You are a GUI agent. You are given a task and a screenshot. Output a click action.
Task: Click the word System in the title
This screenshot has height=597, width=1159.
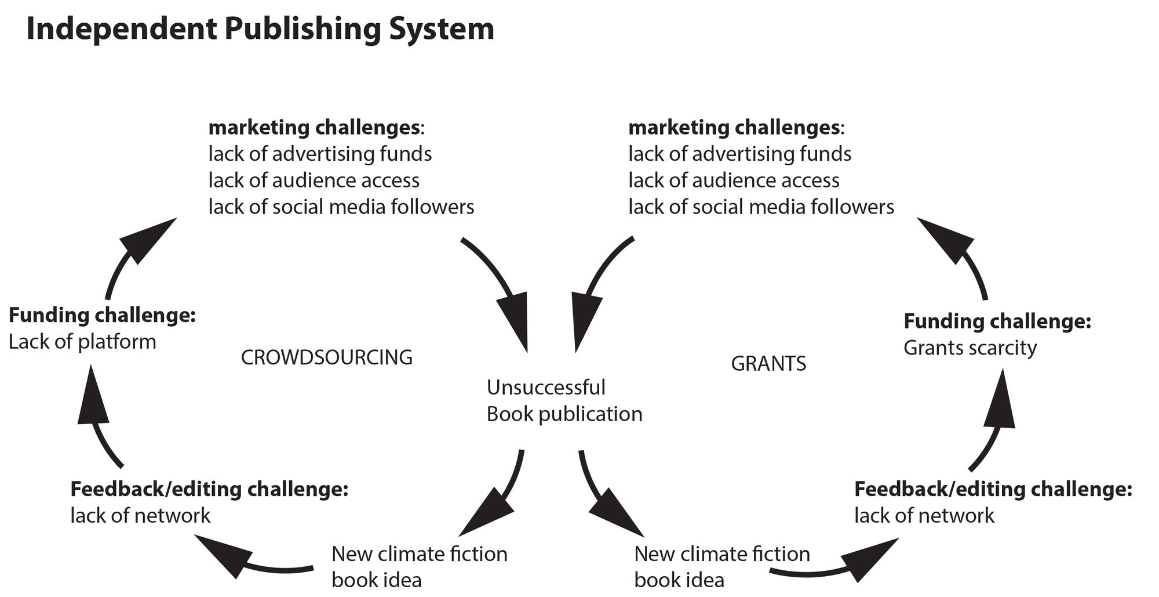pyautogui.click(x=441, y=29)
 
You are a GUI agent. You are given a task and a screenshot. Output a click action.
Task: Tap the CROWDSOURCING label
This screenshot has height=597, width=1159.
pyautogui.click(x=326, y=357)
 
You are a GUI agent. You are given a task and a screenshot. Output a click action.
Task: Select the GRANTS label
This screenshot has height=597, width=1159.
pyautogui.click(x=768, y=364)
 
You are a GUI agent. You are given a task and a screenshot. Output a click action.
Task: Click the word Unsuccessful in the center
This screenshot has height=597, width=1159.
pyautogui.click(x=546, y=388)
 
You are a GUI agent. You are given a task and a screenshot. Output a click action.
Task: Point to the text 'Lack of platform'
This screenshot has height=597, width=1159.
pyautogui.click(x=82, y=342)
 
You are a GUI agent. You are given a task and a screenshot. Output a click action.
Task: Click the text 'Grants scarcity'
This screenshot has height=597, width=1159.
pyautogui.click(x=970, y=348)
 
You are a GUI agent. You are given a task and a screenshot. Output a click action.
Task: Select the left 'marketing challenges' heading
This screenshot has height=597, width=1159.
pyautogui.click(x=315, y=127)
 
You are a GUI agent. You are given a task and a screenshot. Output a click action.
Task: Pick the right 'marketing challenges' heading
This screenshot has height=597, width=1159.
pyautogui.click(x=734, y=127)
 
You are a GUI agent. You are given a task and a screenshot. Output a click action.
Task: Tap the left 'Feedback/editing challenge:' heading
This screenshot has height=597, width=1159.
pyautogui.click(x=209, y=489)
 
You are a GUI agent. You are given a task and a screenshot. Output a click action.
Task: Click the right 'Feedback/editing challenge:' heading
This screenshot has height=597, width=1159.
pyautogui.click(x=993, y=489)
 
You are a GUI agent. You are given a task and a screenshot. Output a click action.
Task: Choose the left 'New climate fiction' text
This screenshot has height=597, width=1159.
pyautogui.click(x=419, y=554)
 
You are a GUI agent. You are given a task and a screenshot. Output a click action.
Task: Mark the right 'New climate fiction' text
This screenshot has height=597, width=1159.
pyautogui.click(x=722, y=554)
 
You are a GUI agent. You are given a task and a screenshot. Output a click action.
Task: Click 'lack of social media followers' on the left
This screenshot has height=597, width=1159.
pyautogui.click(x=341, y=207)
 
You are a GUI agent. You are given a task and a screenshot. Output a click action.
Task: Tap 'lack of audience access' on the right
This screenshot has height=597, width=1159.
pyautogui.click(x=734, y=180)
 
